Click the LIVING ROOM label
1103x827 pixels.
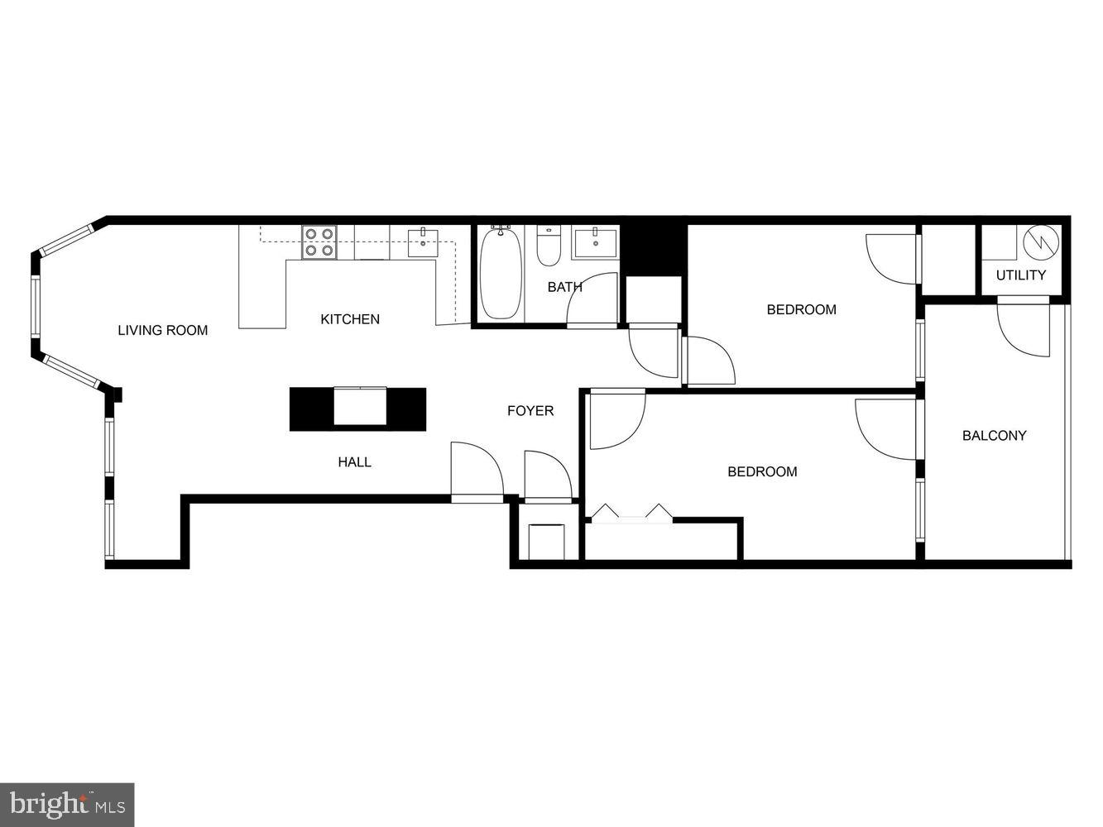(x=162, y=331)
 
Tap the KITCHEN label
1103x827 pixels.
(x=350, y=319)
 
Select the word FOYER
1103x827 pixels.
(x=530, y=411)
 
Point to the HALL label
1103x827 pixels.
(x=354, y=462)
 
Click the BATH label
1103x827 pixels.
(x=564, y=288)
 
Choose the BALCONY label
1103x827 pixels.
(x=994, y=436)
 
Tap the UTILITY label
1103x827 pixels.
(x=1020, y=275)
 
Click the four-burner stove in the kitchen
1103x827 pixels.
(x=319, y=241)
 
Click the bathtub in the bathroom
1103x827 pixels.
(x=501, y=272)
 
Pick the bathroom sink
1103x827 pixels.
(x=595, y=241)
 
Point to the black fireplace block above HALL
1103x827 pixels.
(x=357, y=409)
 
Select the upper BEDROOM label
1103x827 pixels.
(x=801, y=310)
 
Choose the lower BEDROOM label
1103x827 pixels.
(x=762, y=472)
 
